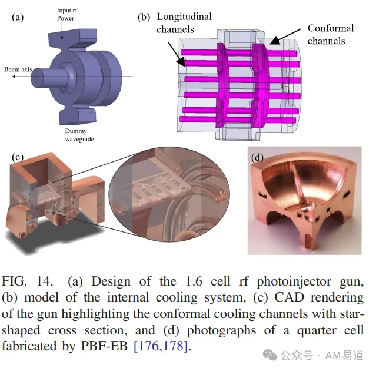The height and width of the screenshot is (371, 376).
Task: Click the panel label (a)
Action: click(x=18, y=18)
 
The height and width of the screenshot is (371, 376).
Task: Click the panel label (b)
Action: click(x=144, y=18)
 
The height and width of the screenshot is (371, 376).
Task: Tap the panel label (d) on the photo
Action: click(x=257, y=158)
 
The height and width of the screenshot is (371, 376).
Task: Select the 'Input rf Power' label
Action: click(x=67, y=14)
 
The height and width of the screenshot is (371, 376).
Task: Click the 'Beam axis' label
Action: click(x=18, y=69)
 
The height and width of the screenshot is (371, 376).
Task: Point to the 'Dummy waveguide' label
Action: click(x=79, y=135)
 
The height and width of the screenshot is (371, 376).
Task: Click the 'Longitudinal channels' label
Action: click(x=184, y=23)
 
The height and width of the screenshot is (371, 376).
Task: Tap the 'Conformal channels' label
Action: click(x=331, y=35)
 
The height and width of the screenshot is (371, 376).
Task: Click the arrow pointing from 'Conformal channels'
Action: click(x=285, y=37)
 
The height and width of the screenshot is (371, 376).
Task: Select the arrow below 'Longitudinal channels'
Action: click(x=177, y=54)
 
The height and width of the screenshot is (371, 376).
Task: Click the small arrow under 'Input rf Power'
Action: click(x=62, y=31)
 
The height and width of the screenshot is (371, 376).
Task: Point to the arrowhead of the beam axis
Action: click(x=14, y=77)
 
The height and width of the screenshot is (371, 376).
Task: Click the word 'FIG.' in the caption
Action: click(x=14, y=281)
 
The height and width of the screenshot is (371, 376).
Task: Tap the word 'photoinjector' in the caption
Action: click(x=294, y=282)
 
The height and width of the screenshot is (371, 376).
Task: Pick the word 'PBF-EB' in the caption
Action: click(x=104, y=346)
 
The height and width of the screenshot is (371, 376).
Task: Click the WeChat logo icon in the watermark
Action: click(x=270, y=355)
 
